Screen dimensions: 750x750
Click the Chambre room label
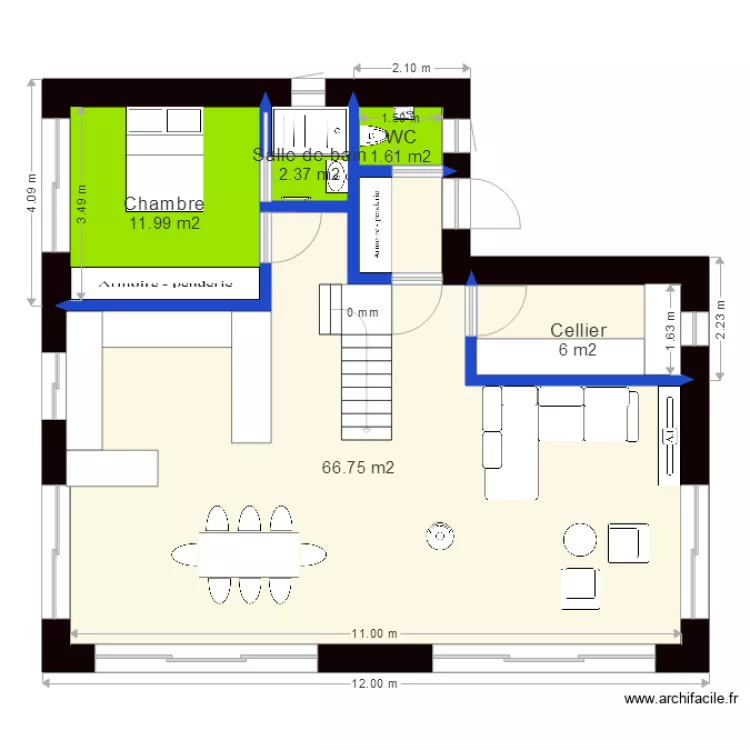(x=164, y=204)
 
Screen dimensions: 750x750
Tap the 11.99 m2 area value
(x=164, y=223)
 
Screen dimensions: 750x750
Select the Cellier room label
(x=578, y=330)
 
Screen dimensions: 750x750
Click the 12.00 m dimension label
(x=372, y=684)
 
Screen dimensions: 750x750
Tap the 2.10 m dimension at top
(x=411, y=68)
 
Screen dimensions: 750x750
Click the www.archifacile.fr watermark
(x=682, y=700)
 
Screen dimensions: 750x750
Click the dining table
(x=249, y=553)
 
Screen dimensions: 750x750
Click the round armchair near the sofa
(x=579, y=540)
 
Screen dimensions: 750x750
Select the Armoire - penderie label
(x=165, y=283)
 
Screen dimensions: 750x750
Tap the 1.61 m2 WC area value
(x=400, y=156)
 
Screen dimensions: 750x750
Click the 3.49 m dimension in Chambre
(x=82, y=205)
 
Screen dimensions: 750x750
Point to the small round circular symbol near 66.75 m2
(x=438, y=537)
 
